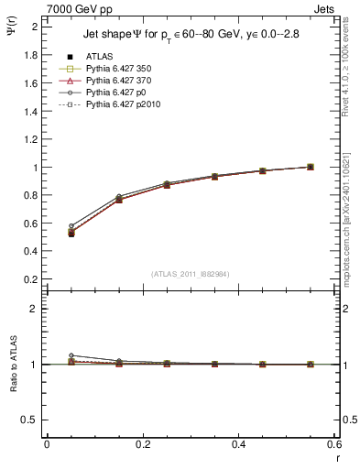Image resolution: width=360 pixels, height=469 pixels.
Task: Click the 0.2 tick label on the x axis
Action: (x=142, y=444)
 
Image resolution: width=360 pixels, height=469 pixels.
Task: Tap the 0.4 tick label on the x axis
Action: (x=238, y=444)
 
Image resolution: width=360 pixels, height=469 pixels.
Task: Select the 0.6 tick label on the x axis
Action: (x=333, y=444)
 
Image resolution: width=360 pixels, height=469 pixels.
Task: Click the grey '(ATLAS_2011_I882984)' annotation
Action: (x=191, y=274)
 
